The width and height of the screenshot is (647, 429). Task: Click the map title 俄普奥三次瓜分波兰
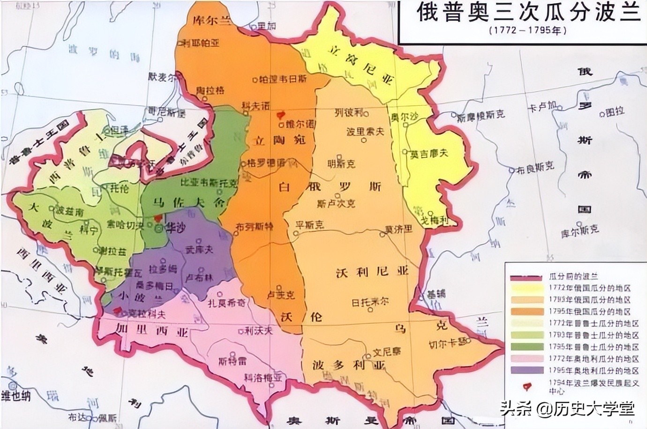pyautogui.click(x=528, y=13)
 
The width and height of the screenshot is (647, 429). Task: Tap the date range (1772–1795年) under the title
pyautogui.click(x=527, y=30)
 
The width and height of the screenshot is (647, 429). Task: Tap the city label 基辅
pyautogui.click(x=434, y=294)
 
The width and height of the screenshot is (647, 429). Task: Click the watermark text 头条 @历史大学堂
pyautogui.click(x=567, y=408)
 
